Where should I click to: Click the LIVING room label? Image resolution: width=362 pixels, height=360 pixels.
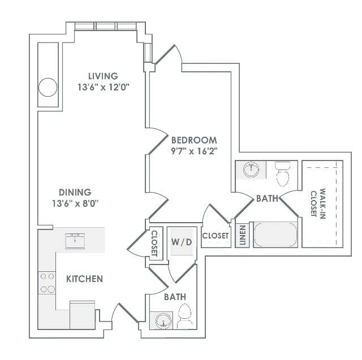(103, 76)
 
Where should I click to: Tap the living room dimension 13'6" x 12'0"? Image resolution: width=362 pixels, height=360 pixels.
(103, 88)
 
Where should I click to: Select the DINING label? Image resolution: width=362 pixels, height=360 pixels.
(75, 192)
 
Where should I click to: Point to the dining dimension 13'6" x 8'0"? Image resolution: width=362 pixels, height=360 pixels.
(75, 203)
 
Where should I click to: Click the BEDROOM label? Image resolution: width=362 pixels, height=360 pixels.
(194, 140)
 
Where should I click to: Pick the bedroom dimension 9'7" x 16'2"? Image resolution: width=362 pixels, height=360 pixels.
(194, 151)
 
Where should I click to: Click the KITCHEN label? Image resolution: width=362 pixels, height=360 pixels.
(84, 279)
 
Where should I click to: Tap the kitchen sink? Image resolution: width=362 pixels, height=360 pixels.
(75, 241)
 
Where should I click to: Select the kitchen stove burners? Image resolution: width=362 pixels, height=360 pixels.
(47, 283)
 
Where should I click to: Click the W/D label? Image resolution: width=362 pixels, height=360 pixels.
(182, 242)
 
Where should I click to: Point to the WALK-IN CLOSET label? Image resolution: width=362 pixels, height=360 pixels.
(318, 203)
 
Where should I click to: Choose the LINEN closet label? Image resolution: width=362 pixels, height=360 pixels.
(242, 235)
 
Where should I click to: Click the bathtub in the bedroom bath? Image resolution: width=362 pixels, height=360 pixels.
(275, 235)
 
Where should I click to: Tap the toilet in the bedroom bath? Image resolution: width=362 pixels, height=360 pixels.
(283, 174)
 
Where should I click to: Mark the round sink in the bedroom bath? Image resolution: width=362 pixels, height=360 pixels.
(251, 170)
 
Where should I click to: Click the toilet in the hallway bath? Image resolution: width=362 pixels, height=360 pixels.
(184, 316)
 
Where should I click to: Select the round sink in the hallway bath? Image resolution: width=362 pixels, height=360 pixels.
(163, 320)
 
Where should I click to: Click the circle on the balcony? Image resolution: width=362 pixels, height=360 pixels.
(48, 87)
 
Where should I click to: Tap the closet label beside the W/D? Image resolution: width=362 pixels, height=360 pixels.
(154, 244)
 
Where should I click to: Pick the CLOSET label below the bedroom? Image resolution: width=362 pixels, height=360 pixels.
(215, 236)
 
